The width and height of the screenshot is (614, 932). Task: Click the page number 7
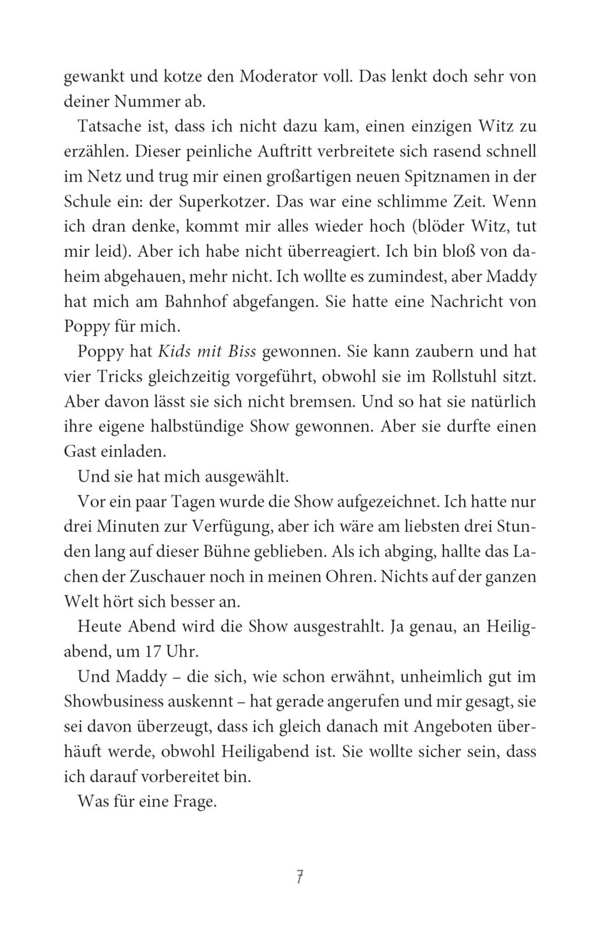[x=299, y=877]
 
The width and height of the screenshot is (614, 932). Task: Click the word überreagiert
[x=316, y=252]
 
